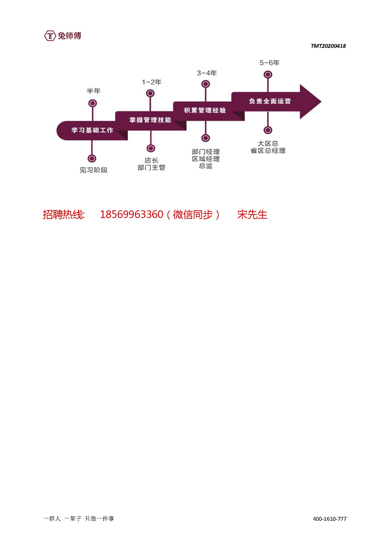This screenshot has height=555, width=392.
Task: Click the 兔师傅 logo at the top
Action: [63, 36]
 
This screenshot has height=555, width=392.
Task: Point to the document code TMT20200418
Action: [328, 46]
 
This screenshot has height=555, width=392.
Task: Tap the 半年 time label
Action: [93, 91]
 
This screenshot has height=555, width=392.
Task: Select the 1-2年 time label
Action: [151, 82]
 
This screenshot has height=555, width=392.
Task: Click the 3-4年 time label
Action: [207, 73]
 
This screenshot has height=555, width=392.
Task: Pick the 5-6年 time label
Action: [269, 63]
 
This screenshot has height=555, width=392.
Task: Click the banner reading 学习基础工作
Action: [92, 130]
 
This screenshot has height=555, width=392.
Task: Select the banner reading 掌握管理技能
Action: [150, 120]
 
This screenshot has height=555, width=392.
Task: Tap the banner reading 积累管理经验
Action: [205, 110]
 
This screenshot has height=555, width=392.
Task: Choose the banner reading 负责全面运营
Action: [269, 101]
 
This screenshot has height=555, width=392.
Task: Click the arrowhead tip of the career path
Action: [321, 101]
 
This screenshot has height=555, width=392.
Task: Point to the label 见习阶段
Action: [93, 170]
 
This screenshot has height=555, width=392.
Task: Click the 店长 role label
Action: [151, 160]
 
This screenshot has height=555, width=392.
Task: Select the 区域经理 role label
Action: [206, 159]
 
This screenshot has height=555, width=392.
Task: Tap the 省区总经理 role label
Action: [268, 151]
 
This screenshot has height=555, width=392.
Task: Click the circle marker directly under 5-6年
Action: [268, 74]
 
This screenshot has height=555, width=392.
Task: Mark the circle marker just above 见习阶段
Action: [92, 158]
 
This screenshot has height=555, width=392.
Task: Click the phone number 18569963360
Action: [131, 215]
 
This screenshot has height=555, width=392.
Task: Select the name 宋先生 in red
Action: [252, 215]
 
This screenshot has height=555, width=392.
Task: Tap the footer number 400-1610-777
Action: [329, 519]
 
